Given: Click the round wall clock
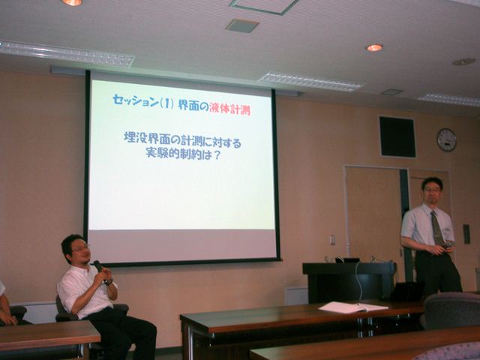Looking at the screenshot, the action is pos(447,140).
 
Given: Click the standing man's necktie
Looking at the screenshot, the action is pos(437,229).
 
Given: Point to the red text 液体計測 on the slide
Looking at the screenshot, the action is pos(230,109).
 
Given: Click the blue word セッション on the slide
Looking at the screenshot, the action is pos(136,100).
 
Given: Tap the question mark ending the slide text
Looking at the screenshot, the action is pos(216,155).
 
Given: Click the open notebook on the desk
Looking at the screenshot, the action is pos(353,307).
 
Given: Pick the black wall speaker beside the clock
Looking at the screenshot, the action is pos(397,136).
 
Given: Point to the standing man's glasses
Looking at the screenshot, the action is pos(433,190).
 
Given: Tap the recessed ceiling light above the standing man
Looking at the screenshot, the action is pos(374,47).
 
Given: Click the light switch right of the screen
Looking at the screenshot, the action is pos(333,240).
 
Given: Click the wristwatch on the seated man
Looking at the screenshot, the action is pos(107,282).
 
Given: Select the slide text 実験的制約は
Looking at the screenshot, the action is pos(178,153).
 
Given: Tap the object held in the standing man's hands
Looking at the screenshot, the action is pos(447,245).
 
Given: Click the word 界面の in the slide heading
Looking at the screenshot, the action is pos(193,106).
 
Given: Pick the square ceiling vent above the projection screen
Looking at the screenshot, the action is pos(242,25).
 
